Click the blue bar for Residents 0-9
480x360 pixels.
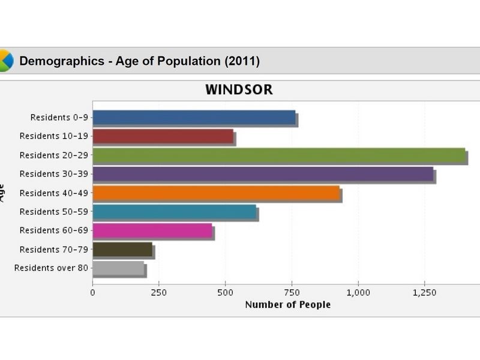(x=194, y=118)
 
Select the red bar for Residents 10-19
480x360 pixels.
(x=163, y=136)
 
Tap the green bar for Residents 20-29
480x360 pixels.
(x=279, y=155)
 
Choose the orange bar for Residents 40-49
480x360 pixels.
(x=216, y=193)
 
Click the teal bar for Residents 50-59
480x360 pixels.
(x=174, y=212)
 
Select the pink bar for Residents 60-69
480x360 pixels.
(x=152, y=230)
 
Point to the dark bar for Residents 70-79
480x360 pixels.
(x=122, y=249)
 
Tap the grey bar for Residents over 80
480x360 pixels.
(x=118, y=268)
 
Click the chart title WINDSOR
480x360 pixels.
(x=239, y=90)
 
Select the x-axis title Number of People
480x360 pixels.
(x=288, y=305)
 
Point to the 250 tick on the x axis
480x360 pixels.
(x=158, y=292)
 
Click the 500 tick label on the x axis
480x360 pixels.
(x=225, y=292)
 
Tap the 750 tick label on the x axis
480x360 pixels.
(x=292, y=292)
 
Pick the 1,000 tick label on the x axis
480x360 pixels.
(x=358, y=292)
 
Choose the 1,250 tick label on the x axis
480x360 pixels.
(x=424, y=292)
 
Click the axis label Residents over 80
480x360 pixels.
(x=52, y=268)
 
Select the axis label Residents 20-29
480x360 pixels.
(x=54, y=155)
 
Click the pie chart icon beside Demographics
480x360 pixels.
(x=5, y=61)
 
